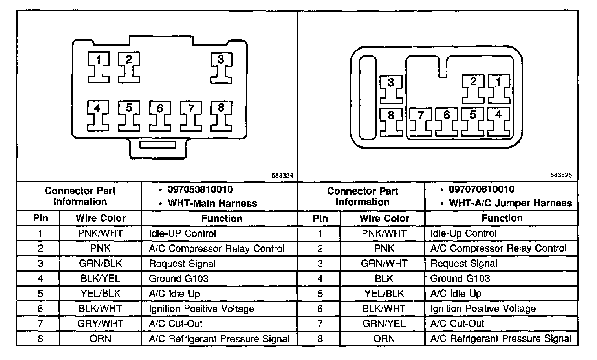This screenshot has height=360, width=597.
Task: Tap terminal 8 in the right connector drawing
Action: [x=391, y=122]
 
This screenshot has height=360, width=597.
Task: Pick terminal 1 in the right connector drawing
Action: [x=498, y=88]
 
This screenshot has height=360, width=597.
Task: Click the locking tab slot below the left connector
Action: [x=158, y=145]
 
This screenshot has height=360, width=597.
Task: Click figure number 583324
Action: [x=282, y=176]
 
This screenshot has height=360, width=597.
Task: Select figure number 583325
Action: [x=561, y=175]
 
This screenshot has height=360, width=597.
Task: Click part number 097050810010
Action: [x=200, y=190]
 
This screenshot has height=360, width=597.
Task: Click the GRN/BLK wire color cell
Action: [x=101, y=264]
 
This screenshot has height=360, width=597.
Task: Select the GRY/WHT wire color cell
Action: [x=101, y=324]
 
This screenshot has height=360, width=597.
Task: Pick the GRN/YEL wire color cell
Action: [x=384, y=324]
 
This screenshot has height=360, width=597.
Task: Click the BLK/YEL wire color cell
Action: [x=101, y=279]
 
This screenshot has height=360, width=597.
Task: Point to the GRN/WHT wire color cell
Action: [x=384, y=264]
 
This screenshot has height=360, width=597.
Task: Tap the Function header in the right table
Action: [x=502, y=218]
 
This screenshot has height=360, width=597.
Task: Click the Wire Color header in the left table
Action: [x=101, y=218]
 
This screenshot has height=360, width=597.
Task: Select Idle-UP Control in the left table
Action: [x=183, y=233]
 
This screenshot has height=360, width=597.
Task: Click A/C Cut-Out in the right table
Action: [x=457, y=324]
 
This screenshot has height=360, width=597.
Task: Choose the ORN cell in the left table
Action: [x=101, y=339]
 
